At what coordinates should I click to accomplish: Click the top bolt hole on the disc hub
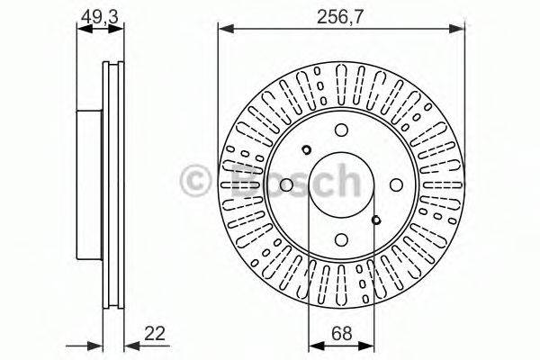(x=341, y=128)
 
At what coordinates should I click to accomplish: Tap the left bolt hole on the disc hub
(x=285, y=184)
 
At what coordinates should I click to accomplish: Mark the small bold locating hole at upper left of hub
(x=307, y=149)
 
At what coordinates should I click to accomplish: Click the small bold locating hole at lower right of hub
(x=376, y=218)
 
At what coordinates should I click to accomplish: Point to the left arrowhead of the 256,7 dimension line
(x=223, y=29)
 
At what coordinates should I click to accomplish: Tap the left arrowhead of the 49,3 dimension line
(x=83, y=29)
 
